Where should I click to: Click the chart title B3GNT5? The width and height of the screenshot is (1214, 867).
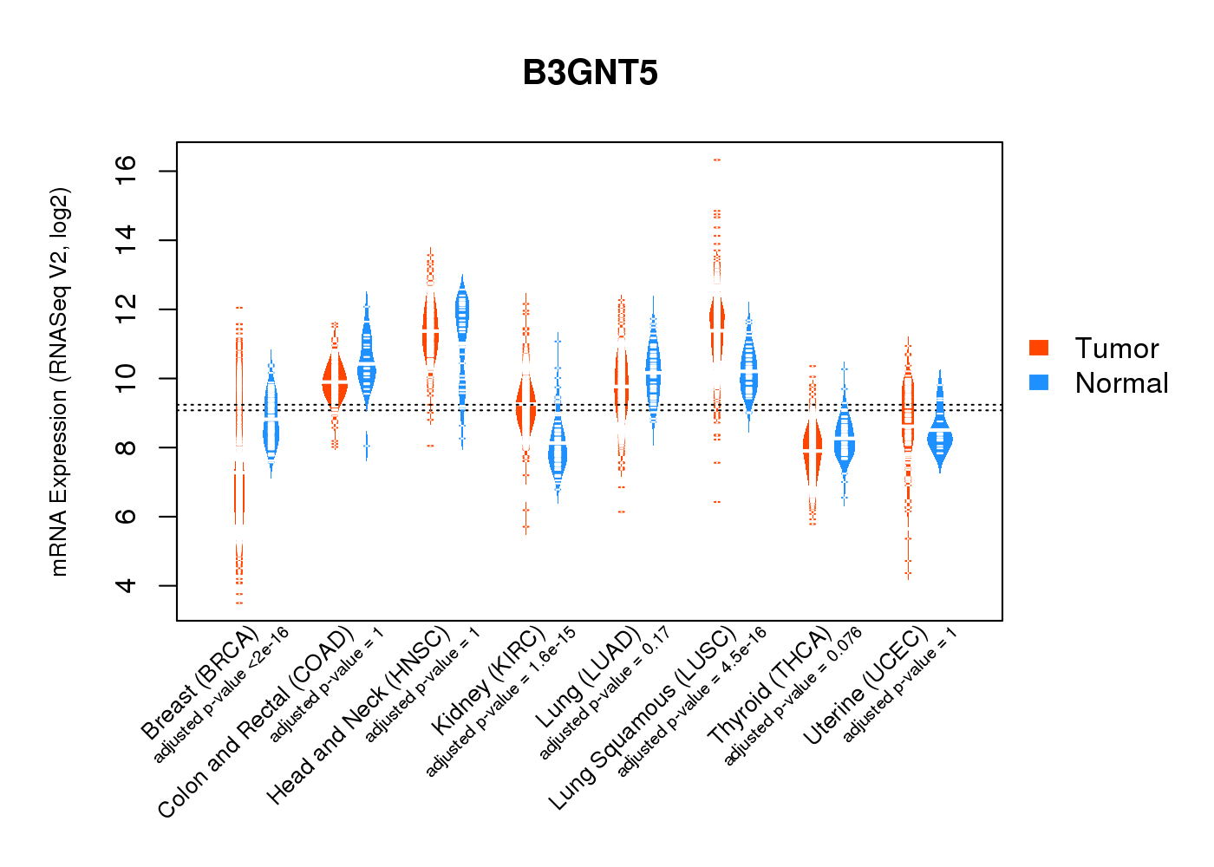[x=590, y=73]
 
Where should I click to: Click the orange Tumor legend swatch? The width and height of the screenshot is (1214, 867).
[x=1039, y=348]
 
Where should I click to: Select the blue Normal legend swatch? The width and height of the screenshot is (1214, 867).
[x=1039, y=382]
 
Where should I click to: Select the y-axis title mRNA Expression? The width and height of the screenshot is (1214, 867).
[x=59, y=381]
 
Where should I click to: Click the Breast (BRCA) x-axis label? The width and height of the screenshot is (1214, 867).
[x=200, y=684]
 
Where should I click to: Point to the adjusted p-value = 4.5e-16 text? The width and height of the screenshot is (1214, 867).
[x=693, y=702]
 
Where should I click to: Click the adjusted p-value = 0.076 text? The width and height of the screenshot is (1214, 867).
[x=793, y=696]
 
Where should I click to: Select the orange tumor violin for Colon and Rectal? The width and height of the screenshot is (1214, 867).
[x=335, y=381]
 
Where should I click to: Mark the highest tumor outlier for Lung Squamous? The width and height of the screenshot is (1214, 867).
[x=717, y=160]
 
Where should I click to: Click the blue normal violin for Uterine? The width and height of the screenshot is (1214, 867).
[x=939, y=439]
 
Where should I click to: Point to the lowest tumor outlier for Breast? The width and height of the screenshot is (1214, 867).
[x=239, y=603]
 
